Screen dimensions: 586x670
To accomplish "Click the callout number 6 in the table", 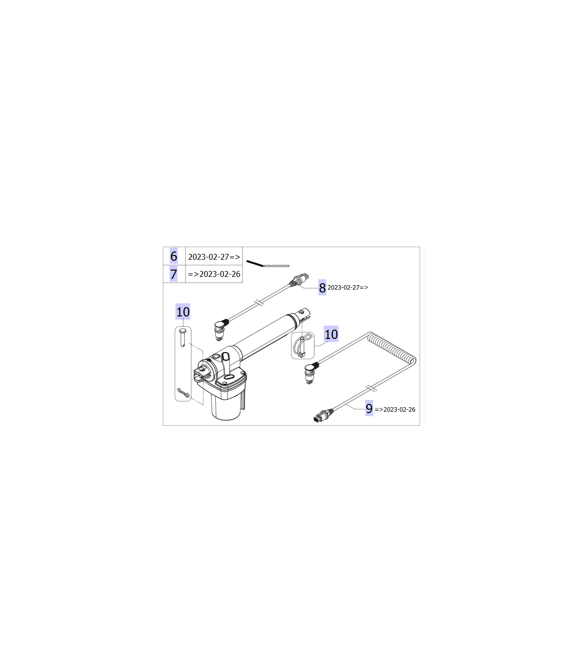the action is pos(173,256).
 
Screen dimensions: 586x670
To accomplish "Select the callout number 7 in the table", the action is pos(173,274).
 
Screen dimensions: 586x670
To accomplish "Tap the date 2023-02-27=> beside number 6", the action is pos(214,257).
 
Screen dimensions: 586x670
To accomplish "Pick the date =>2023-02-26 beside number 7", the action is pos(214,274).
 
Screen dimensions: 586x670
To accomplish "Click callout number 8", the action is pos(322,288).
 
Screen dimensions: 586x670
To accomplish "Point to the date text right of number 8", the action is pos(348,287).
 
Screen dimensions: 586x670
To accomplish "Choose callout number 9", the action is pos(369,408).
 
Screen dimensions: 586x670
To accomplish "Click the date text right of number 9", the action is pos(395,409).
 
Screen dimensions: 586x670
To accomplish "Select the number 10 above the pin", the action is pos(183,312).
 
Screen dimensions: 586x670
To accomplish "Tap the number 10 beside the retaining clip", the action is pos(331,334).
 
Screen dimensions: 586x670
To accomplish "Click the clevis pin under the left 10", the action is pos(183,337).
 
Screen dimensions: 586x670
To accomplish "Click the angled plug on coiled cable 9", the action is pos(310,372).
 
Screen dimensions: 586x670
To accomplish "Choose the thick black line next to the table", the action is pos(255,263).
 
